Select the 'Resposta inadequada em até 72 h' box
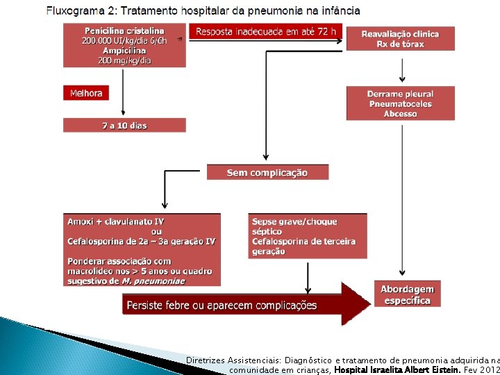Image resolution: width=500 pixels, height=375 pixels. [x=265, y=31]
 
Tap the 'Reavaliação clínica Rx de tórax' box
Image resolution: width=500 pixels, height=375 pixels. [x=401, y=39]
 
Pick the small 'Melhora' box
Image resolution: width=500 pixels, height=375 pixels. [x=86, y=93]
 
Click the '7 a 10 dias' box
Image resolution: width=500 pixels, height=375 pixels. [x=125, y=126]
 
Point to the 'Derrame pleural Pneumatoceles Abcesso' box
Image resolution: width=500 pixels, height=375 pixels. [x=401, y=103]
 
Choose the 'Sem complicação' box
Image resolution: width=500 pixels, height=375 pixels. [x=267, y=172]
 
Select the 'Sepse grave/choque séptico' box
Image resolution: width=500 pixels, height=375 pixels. [x=308, y=236]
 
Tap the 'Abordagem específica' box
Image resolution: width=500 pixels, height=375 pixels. [x=407, y=294]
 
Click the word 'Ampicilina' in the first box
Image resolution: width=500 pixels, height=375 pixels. [x=125, y=51]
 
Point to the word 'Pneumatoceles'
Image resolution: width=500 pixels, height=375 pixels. [x=401, y=104]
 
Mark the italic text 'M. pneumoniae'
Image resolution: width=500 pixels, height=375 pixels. [x=155, y=281]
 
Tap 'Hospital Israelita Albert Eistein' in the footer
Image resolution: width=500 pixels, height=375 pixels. [x=397, y=370]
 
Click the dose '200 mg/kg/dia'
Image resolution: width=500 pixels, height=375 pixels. [x=125, y=60]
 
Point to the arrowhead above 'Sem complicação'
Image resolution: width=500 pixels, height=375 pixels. [x=266, y=158]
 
